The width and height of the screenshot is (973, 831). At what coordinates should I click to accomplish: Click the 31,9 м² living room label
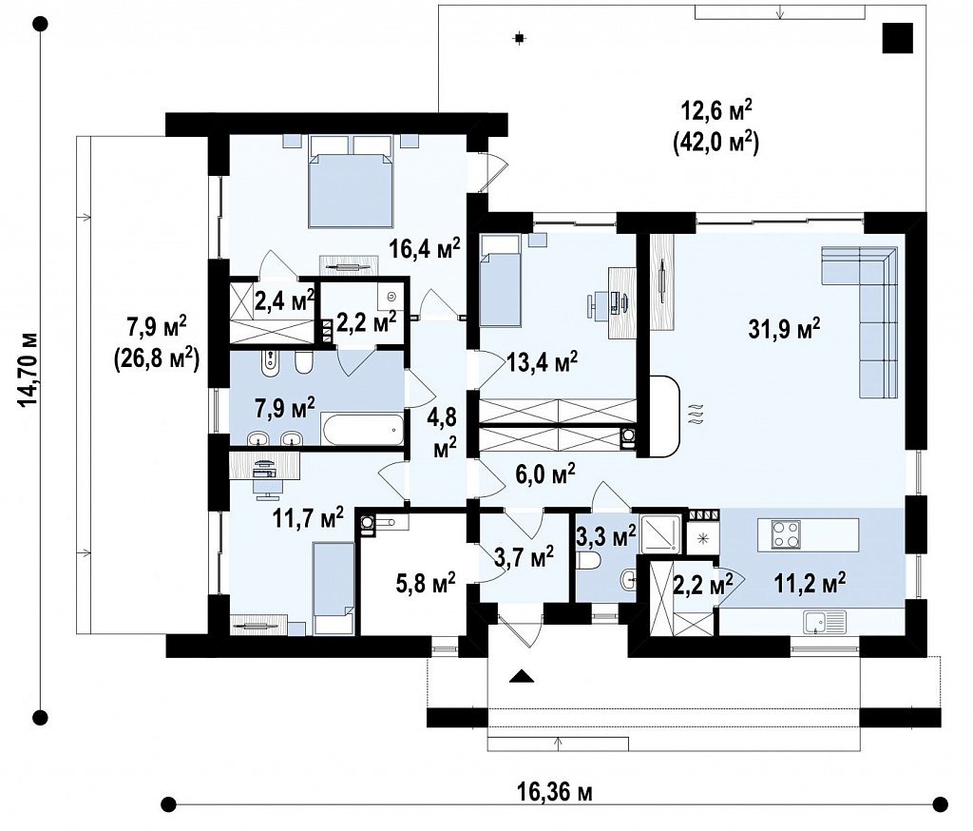click(784, 329)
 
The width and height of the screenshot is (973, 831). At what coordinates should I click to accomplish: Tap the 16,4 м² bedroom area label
click(425, 248)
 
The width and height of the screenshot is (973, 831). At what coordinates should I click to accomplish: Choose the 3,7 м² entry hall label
click(525, 556)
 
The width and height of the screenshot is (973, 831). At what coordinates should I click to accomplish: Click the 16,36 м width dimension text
click(554, 793)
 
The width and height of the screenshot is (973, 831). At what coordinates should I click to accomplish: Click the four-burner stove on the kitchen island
click(786, 534)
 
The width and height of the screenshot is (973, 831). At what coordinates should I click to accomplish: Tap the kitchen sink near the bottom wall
click(825, 623)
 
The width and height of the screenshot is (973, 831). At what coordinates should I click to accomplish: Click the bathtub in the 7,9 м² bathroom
click(362, 429)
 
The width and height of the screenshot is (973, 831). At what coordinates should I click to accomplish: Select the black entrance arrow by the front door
click(522, 676)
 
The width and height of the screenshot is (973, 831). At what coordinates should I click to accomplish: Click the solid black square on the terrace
click(898, 37)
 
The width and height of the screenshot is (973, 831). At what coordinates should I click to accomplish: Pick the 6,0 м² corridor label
click(545, 473)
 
